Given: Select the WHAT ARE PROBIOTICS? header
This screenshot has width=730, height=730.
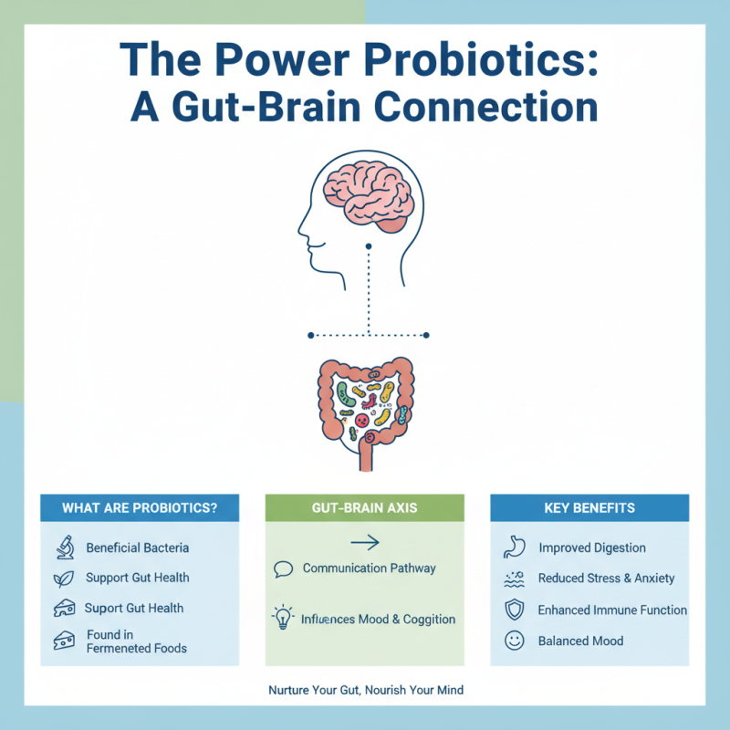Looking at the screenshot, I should coord(140,508).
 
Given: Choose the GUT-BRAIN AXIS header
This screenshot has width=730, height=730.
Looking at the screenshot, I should coord(364,508).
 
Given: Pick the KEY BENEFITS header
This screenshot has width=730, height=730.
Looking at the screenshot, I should coord(589,508).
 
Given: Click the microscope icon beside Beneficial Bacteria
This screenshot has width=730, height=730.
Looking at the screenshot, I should coord(64,547).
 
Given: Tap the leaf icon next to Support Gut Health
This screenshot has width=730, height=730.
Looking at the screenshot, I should coord(64,578).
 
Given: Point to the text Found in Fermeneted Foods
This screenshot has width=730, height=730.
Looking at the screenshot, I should coord(136,641).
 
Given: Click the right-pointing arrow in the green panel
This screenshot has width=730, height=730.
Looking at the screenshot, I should coord(364,543).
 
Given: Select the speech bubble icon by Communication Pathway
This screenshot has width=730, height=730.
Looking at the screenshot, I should coord(283,569).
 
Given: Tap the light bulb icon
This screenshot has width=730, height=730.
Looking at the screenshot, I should coord(283,618).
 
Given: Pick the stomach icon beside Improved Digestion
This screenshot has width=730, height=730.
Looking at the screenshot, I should coord(514,547).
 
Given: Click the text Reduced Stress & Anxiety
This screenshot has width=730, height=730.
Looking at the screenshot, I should coord(605,579).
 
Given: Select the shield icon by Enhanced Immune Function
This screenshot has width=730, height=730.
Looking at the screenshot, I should coord(514,610).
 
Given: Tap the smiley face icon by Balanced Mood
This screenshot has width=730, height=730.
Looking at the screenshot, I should coord(514,641).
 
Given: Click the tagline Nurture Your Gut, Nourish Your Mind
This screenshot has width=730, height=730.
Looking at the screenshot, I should coord(365,691).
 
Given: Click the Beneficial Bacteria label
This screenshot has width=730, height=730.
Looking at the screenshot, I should coord(138,548).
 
